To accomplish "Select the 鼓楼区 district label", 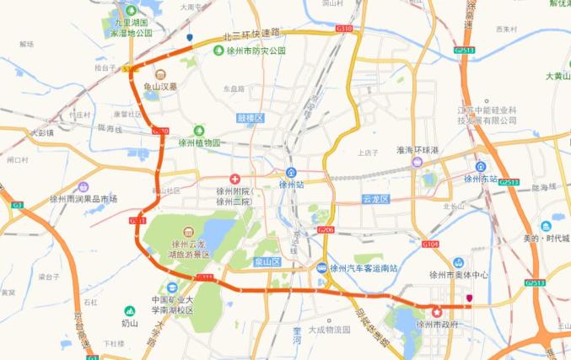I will pyautogui.click(x=250, y=119).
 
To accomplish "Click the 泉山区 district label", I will pyautogui.click(x=267, y=262).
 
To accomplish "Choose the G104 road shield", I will pyautogui.click(x=430, y=244).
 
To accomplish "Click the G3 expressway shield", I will pyautogui.click(x=17, y=205).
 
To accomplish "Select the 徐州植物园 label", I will pyautogui.click(x=199, y=142).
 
